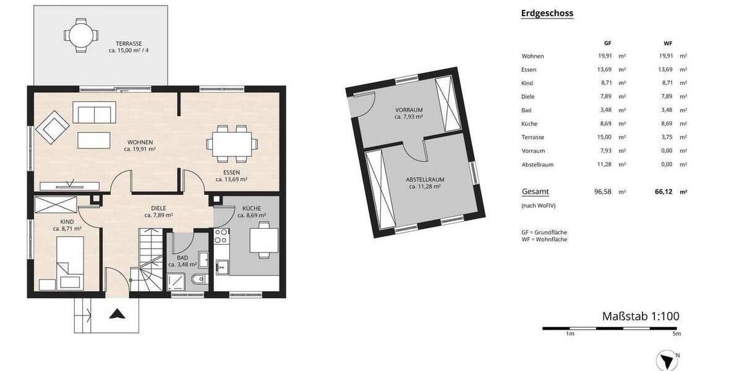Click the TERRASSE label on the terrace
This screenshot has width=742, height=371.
[x=129, y=44]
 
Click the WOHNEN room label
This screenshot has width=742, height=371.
[x=139, y=142]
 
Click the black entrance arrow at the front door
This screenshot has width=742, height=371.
[x=115, y=314]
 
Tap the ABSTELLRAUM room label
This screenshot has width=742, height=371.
[x=425, y=180]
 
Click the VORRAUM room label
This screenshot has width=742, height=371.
[x=409, y=110]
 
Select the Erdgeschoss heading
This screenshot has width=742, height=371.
[x=547, y=13]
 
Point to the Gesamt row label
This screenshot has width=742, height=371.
[x=535, y=192]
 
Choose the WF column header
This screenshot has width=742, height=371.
[x=667, y=44]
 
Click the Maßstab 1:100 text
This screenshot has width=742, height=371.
[x=641, y=317]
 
